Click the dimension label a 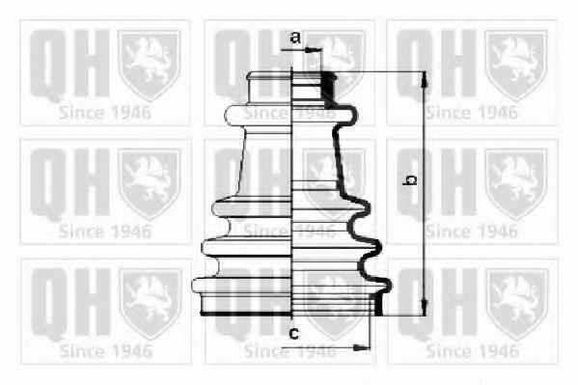point(295,38)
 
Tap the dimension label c point(293,334)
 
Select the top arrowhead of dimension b point(425,80)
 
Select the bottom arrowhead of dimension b point(425,308)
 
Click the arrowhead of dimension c point(361,347)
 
